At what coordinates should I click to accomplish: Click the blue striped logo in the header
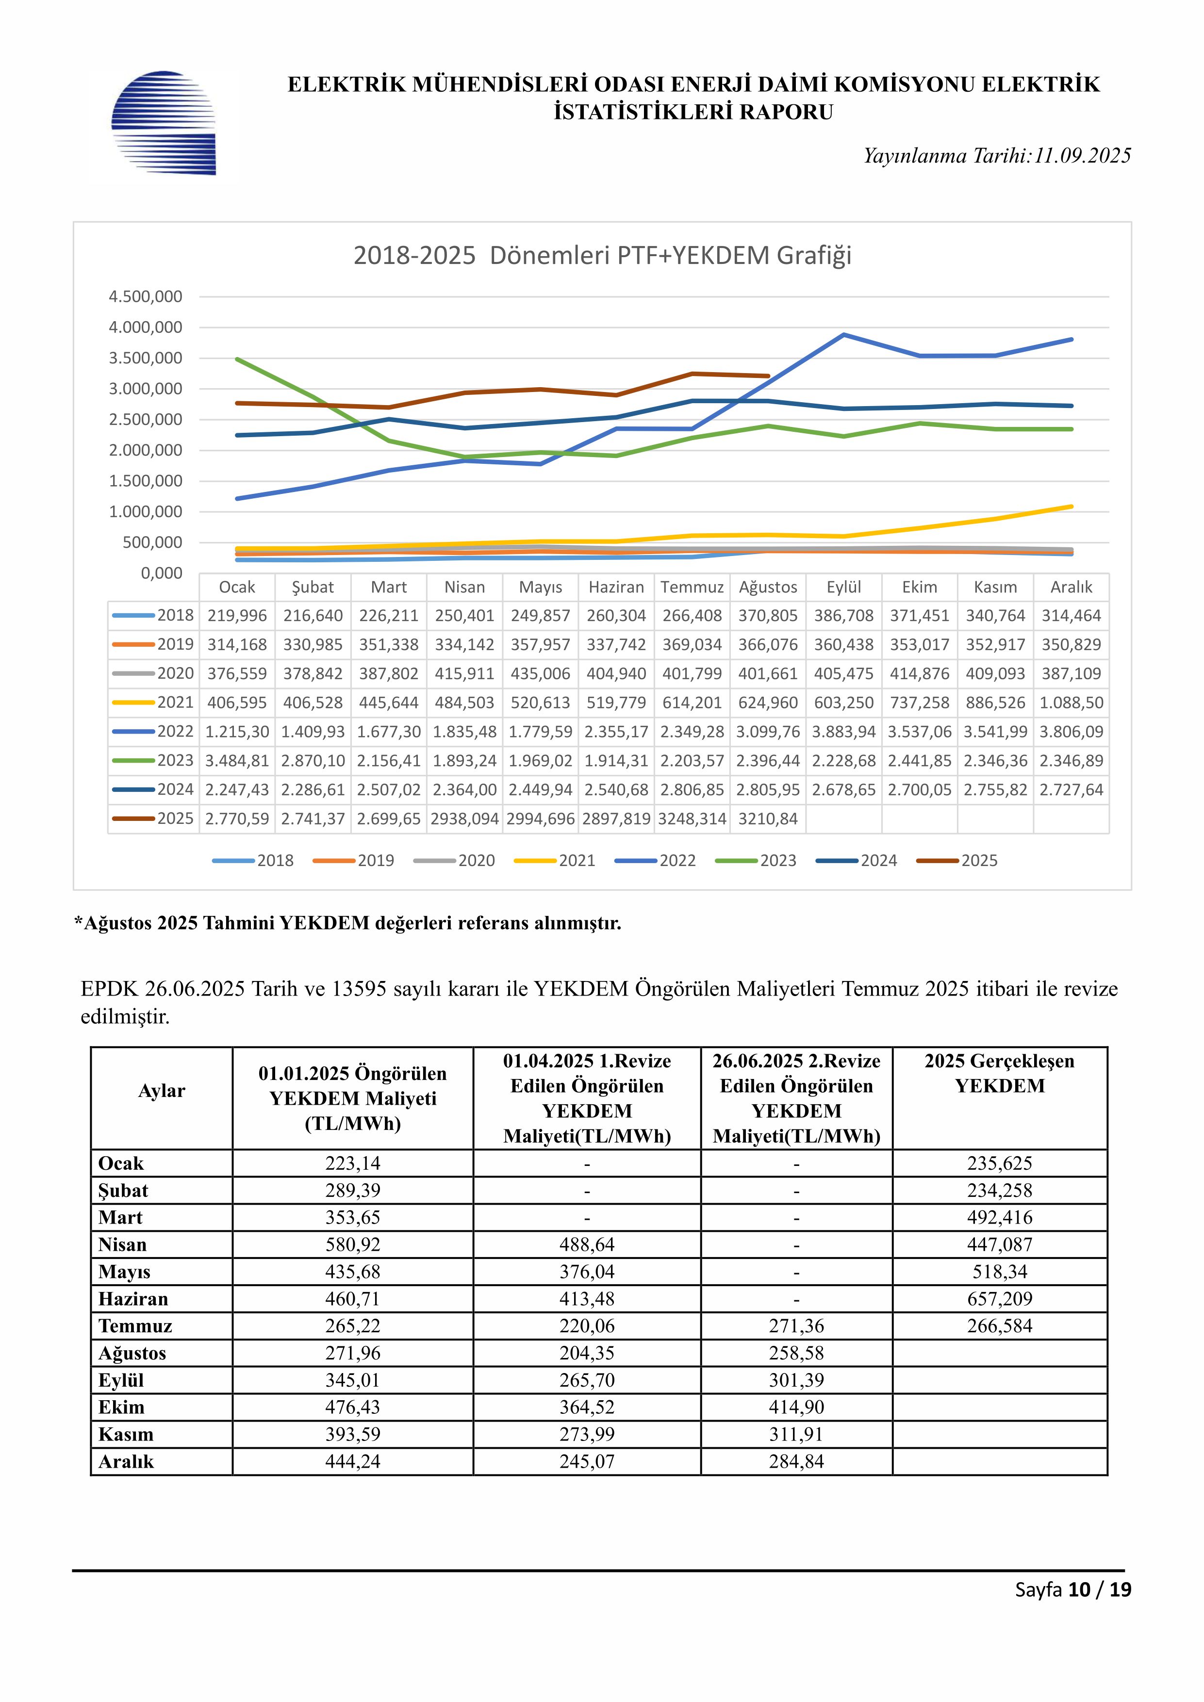click(163, 123)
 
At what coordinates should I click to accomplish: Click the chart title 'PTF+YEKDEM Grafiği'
click(671, 256)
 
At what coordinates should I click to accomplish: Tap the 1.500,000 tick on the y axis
click(145, 481)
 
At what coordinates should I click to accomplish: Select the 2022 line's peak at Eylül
click(844, 334)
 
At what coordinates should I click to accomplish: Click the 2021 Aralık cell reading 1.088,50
click(1072, 703)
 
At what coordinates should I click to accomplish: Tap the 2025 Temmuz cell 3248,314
click(692, 818)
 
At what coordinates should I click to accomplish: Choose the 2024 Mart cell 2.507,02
click(389, 789)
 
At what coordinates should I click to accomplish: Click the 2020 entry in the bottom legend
click(454, 861)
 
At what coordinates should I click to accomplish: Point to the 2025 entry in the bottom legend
click(957, 861)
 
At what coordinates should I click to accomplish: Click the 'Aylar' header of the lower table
click(162, 1091)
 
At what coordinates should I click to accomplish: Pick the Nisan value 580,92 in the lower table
click(353, 1244)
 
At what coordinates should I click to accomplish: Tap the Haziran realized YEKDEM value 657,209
click(999, 1299)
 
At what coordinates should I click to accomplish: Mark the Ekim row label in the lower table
click(121, 1407)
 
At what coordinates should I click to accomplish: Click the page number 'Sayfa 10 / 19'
click(1073, 1589)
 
